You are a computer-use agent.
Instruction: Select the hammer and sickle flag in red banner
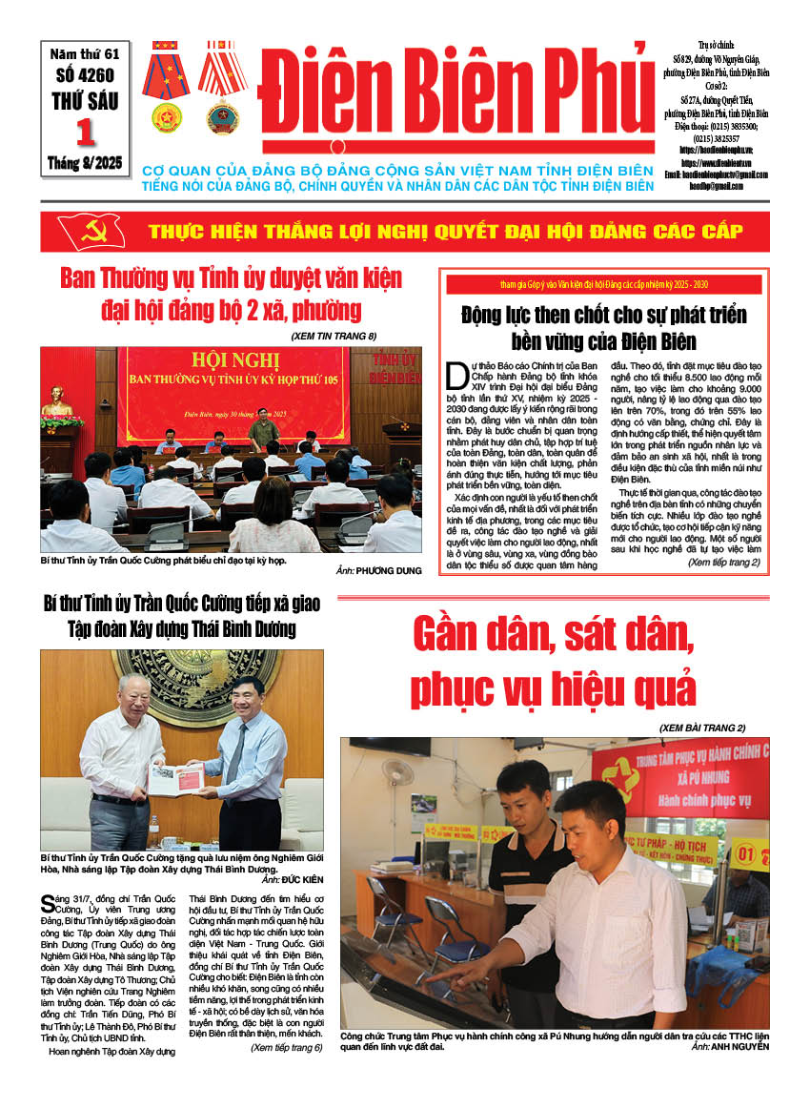(x=91, y=231)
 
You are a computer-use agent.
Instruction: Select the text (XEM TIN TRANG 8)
(x=334, y=336)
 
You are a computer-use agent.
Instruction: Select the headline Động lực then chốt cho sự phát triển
(x=603, y=314)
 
